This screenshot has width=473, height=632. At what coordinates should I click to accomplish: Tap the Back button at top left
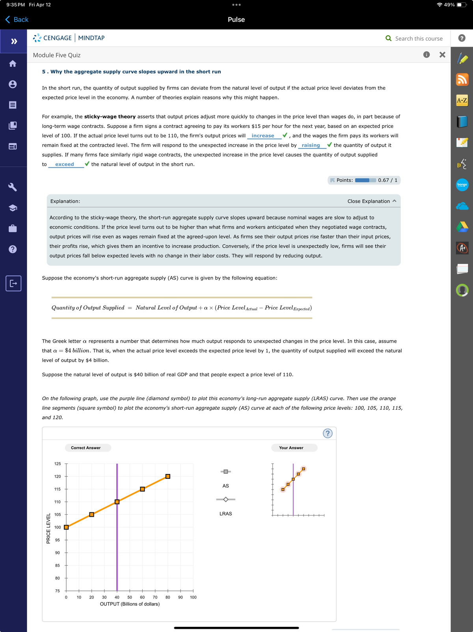tap(17, 20)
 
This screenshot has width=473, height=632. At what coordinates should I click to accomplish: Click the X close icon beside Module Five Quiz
tap(442, 55)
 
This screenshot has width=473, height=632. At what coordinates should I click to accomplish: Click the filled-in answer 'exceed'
tap(65, 164)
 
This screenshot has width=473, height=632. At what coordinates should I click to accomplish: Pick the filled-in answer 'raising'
tap(311, 145)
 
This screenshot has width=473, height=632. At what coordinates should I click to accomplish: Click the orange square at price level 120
tap(168, 476)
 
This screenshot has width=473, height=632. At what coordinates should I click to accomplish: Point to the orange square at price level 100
tap(66, 527)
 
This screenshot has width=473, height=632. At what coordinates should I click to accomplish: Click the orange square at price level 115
tap(142, 489)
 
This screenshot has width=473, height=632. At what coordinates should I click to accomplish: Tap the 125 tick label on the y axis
tap(58, 464)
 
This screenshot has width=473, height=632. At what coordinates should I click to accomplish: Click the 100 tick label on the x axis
tap(193, 597)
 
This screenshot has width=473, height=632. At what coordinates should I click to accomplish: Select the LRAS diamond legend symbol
tap(225, 499)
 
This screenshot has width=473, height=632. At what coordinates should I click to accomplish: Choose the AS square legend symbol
tap(225, 472)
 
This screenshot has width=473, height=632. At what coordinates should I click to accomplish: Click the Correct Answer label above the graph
tap(86, 448)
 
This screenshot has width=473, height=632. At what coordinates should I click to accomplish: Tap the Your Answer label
tap(291, 448)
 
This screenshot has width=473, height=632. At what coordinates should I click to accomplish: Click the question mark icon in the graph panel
tap(327, 433)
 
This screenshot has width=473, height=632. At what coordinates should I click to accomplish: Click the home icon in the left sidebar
tap(13, 64)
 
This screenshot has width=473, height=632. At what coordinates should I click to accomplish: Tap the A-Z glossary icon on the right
tap(462, 100)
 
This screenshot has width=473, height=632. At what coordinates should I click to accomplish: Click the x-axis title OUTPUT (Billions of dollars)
tap(130, 604)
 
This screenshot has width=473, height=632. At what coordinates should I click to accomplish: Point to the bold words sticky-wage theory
tap(110, 116)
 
